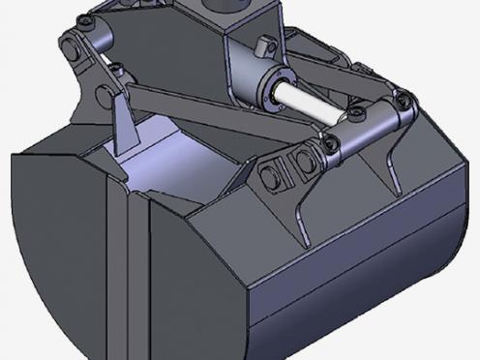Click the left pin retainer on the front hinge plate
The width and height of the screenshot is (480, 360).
(272, 175)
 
